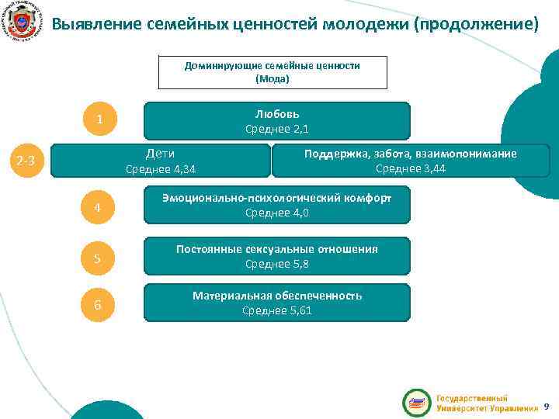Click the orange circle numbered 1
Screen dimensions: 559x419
[x=99, y=120]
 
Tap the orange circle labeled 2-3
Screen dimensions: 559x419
[x=26, y=161]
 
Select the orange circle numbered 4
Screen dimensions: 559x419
[x=99, y=207]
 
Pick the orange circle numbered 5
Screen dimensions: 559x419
[x=99, y=258]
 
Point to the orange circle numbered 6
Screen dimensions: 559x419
[x=99, y=305]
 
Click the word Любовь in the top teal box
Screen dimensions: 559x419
[x=277, y=113]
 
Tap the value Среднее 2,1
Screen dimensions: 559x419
[x=277, y=129]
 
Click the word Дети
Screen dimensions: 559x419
[x=161, y=153]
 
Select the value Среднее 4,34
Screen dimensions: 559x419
[x=161, y=169]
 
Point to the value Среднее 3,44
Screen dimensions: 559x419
[x=411, y=168]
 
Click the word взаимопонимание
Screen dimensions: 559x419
[x=472, y=154]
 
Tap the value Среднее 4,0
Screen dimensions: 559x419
[x=277, y=213]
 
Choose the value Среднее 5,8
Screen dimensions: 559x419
[x=277, y=264]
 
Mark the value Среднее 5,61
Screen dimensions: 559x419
[x=277, y=310]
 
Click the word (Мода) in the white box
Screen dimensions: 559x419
[x=272, y=79]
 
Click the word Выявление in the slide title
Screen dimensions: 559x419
[x=96, y=24]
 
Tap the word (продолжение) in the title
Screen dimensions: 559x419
[x=476, y=24]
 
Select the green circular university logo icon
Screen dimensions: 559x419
[x=416, y=403]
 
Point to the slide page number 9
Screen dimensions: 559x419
[x=546, y=406]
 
